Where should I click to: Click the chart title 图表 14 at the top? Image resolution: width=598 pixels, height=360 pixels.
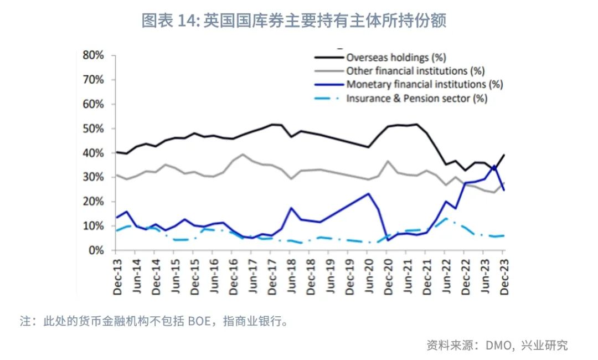click(293, 21)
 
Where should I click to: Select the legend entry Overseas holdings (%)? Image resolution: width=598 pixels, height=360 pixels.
click(396, 57)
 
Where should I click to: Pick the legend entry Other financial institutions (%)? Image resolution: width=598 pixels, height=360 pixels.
click(415, 71)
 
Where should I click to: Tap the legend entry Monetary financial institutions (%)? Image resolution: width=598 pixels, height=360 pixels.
click(424, 85)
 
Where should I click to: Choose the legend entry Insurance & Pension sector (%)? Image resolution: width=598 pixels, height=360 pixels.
click(416, 99)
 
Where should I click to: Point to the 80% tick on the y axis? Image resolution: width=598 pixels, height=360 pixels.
click(93, 55)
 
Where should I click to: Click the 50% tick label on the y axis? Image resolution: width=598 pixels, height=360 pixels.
click(93, 128)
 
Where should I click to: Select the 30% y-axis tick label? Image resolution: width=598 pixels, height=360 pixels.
click(93, 177)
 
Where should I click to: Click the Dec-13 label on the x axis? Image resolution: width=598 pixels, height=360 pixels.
click(117, 276)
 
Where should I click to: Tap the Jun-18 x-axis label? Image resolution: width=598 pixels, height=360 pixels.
click(291, 276)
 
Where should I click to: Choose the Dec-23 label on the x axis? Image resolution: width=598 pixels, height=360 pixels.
click(503, 276)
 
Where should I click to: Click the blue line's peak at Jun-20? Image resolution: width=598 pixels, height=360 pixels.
click(368, 193)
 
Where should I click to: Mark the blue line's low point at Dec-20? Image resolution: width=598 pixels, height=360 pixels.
click(388, 240)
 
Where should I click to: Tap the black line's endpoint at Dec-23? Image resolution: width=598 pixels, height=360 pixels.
click(504, 155)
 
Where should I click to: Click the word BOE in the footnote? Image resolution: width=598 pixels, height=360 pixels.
click(199, 322)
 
